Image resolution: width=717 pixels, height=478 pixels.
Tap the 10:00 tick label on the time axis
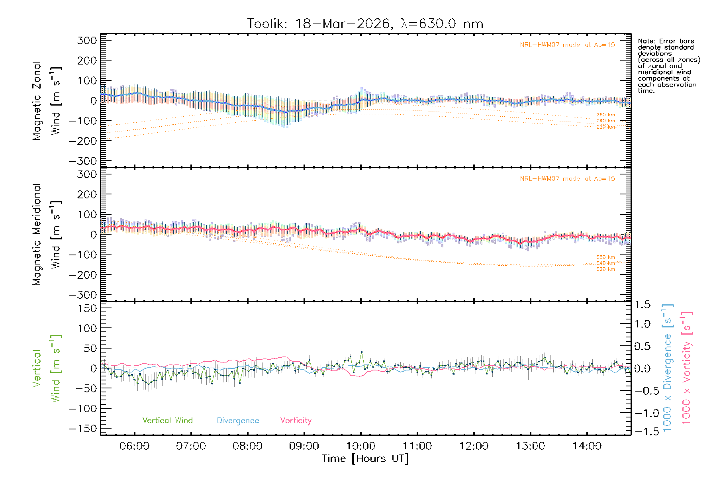pos(360,446)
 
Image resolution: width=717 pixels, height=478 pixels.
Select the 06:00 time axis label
pos(134,446)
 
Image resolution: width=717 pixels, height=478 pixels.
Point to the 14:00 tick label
pos(587,446)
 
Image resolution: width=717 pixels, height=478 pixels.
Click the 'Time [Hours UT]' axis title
pos(365,459)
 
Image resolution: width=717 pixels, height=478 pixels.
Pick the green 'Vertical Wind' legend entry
pos(167,421)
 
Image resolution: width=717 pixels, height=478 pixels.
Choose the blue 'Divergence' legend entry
pos(238,421)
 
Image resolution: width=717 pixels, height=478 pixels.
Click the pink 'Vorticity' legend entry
pos(296,421)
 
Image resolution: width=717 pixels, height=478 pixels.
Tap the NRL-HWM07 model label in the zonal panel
pos(567,45)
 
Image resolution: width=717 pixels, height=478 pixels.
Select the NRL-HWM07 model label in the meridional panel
pos(567,179)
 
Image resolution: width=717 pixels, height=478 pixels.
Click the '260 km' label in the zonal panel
pos(605,115)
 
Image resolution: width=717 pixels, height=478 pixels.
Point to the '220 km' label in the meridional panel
pos(605,269)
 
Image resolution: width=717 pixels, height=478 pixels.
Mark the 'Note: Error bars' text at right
pos(666,41)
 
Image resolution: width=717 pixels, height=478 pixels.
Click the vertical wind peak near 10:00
pos(361,352)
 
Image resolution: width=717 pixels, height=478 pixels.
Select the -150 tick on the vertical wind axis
pos(83,429)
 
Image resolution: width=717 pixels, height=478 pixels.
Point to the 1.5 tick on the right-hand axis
pos(642,305)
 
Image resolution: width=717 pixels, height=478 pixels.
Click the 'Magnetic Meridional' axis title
pos(37,235)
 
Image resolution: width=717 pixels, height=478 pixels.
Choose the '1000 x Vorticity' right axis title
pos(687,368)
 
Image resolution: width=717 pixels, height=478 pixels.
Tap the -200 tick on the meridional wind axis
pos(83,275)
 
